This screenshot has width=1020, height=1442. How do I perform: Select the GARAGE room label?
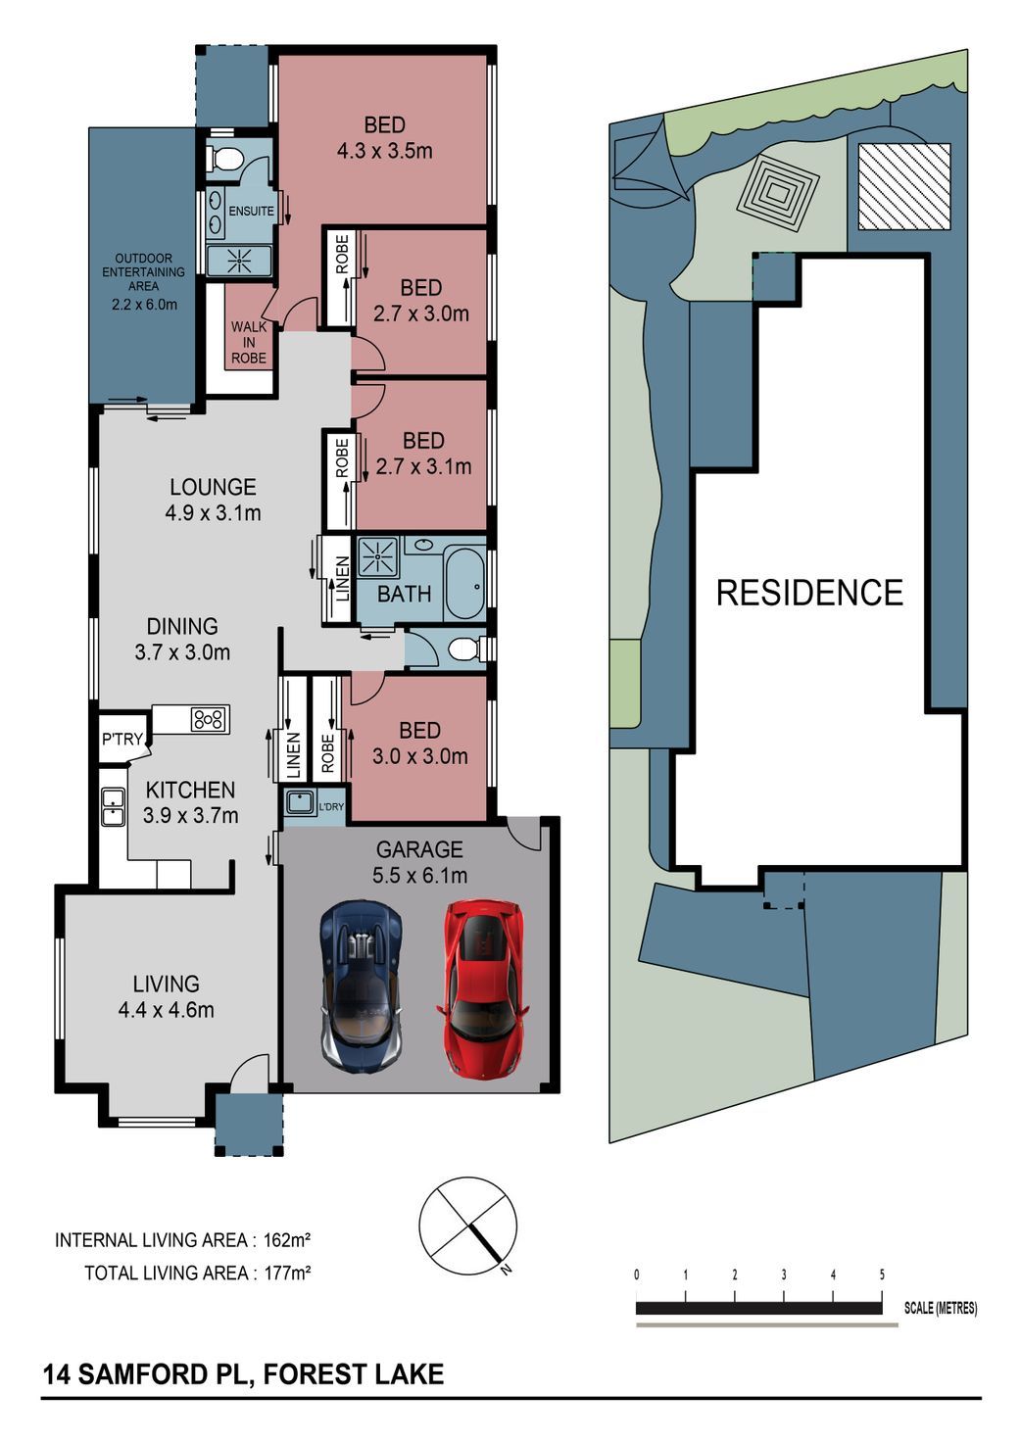tap(419, 849)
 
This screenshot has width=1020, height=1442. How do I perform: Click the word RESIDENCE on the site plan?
tap(809, 593)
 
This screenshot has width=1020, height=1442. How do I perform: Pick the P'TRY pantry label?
tap(121, 739)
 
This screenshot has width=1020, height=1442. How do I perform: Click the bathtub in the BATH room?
tap(464, 585)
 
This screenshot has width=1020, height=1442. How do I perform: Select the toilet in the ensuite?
tap(222, 157)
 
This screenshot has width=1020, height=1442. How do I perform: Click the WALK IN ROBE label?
tap(249, 343)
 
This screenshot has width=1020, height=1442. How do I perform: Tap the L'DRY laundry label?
tap(331, 806)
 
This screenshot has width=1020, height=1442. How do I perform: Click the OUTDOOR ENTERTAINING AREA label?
tap(143, 271)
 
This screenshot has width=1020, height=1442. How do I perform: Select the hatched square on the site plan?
tap(904, 186)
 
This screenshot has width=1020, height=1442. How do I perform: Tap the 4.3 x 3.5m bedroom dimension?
tap(384, 151)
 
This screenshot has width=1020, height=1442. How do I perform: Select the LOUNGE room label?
tap(214, 487)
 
